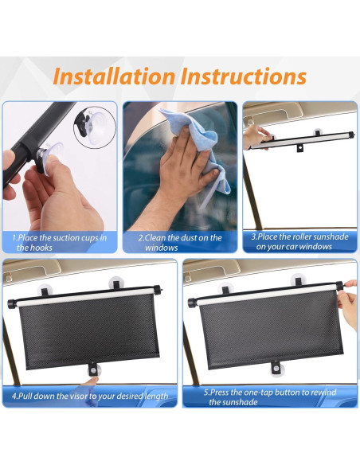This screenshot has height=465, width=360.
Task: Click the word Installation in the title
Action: click(x=114, y=77)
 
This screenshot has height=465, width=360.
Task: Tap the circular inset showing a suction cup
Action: click(x=95, y=125)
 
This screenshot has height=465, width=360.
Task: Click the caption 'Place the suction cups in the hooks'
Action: click(x=59, y=242)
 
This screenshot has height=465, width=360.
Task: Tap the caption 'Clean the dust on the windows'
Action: click(x=179, y=242)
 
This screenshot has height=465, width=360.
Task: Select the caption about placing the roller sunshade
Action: click(x=299, y=242)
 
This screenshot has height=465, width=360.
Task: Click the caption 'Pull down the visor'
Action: click(x=89, y=396)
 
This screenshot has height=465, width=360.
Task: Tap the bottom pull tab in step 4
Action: click(x=93, y=369)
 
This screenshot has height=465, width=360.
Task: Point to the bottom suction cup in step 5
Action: click(x=276, y=368)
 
